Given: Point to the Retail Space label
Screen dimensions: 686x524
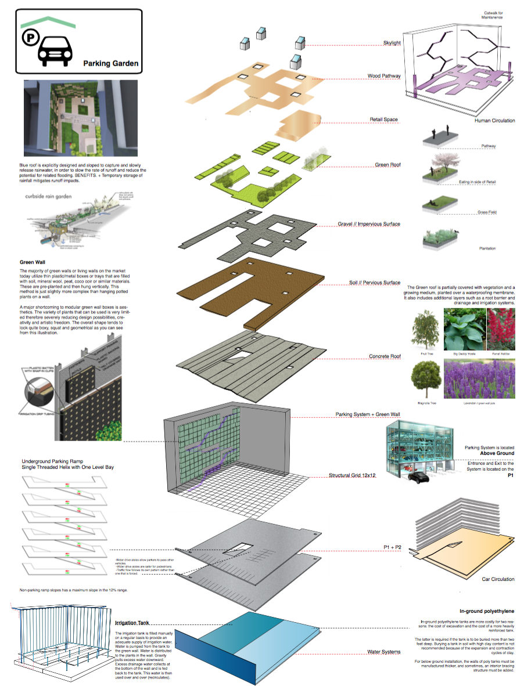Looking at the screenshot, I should pos(384,120).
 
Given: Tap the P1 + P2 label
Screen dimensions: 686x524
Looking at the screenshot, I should pos(394,547).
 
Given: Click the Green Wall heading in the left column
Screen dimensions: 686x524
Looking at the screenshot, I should pos(33,262).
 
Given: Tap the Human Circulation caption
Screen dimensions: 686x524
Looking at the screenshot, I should pos(494,121).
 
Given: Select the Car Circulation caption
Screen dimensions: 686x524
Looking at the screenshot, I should pos(498,579).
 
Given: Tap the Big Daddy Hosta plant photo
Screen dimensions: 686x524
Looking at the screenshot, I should pos(464,328).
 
